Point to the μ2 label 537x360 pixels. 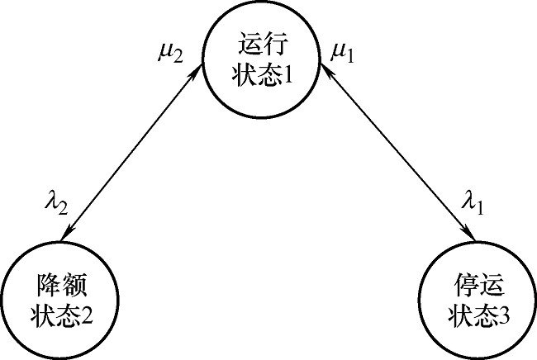[x=175, y=55]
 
